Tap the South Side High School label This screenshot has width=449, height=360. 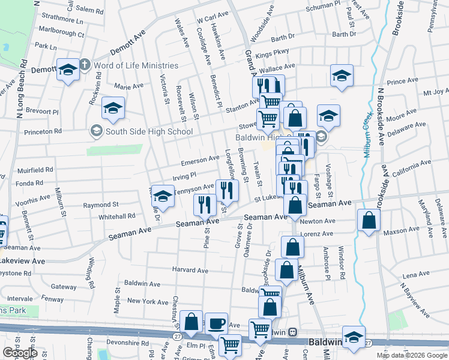[141, 131]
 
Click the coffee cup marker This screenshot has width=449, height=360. [216, 323]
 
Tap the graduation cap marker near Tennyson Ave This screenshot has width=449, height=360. [162, 195]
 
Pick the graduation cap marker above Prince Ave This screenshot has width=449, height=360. [342, 76]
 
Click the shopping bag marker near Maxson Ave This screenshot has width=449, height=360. [368, 220]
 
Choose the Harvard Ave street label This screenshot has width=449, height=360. [190, 271]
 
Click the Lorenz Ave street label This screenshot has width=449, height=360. [317, 233]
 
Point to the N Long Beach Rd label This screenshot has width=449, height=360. [23, 85]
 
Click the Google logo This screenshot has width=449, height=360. [19, 353]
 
